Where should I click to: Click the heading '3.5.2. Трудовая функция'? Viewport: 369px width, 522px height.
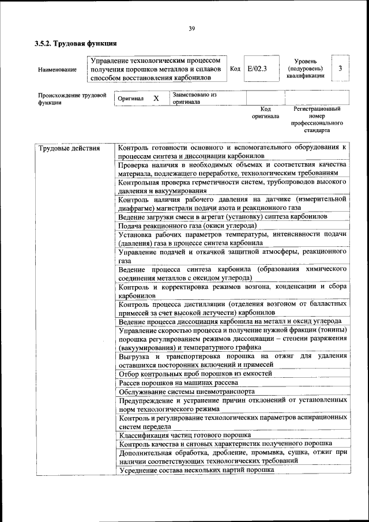click(x=76, y=43)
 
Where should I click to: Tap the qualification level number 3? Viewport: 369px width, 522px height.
click(x=341, y=69)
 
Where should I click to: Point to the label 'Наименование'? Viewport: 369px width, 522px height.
click(x=57, y=70)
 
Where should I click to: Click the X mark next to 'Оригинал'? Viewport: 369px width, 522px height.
click(x=156, y=99)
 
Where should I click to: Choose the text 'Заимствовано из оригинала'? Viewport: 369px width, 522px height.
click(x=194, y=98)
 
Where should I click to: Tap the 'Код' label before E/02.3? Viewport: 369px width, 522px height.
click(x=235, y=69)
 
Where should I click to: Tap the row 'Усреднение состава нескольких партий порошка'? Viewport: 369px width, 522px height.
click(x=195, y=470)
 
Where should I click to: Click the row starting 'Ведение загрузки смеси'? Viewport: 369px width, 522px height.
click(x=223, y=216)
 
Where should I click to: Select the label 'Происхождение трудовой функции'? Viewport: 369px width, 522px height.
click(x=72, y=99)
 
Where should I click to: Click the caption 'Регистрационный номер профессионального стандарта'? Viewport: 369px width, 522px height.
click(x=317, y=119)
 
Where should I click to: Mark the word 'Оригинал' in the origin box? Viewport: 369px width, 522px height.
click(x=130, y=99)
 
